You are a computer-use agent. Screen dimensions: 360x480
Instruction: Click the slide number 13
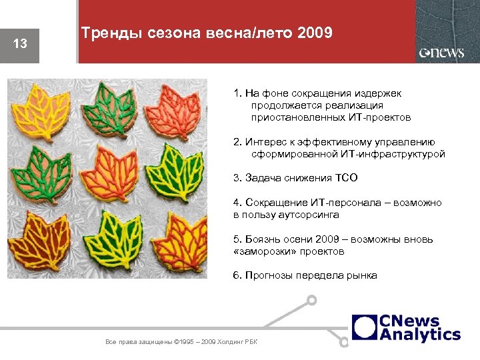point(20,44)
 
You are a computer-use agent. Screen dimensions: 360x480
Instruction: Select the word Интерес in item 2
point(265,142)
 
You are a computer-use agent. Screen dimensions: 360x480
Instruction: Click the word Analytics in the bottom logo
point(420,335)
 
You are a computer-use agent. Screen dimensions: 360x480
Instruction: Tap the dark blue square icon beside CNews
point(365,327)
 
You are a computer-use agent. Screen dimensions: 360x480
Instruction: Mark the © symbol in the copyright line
point(175,342)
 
